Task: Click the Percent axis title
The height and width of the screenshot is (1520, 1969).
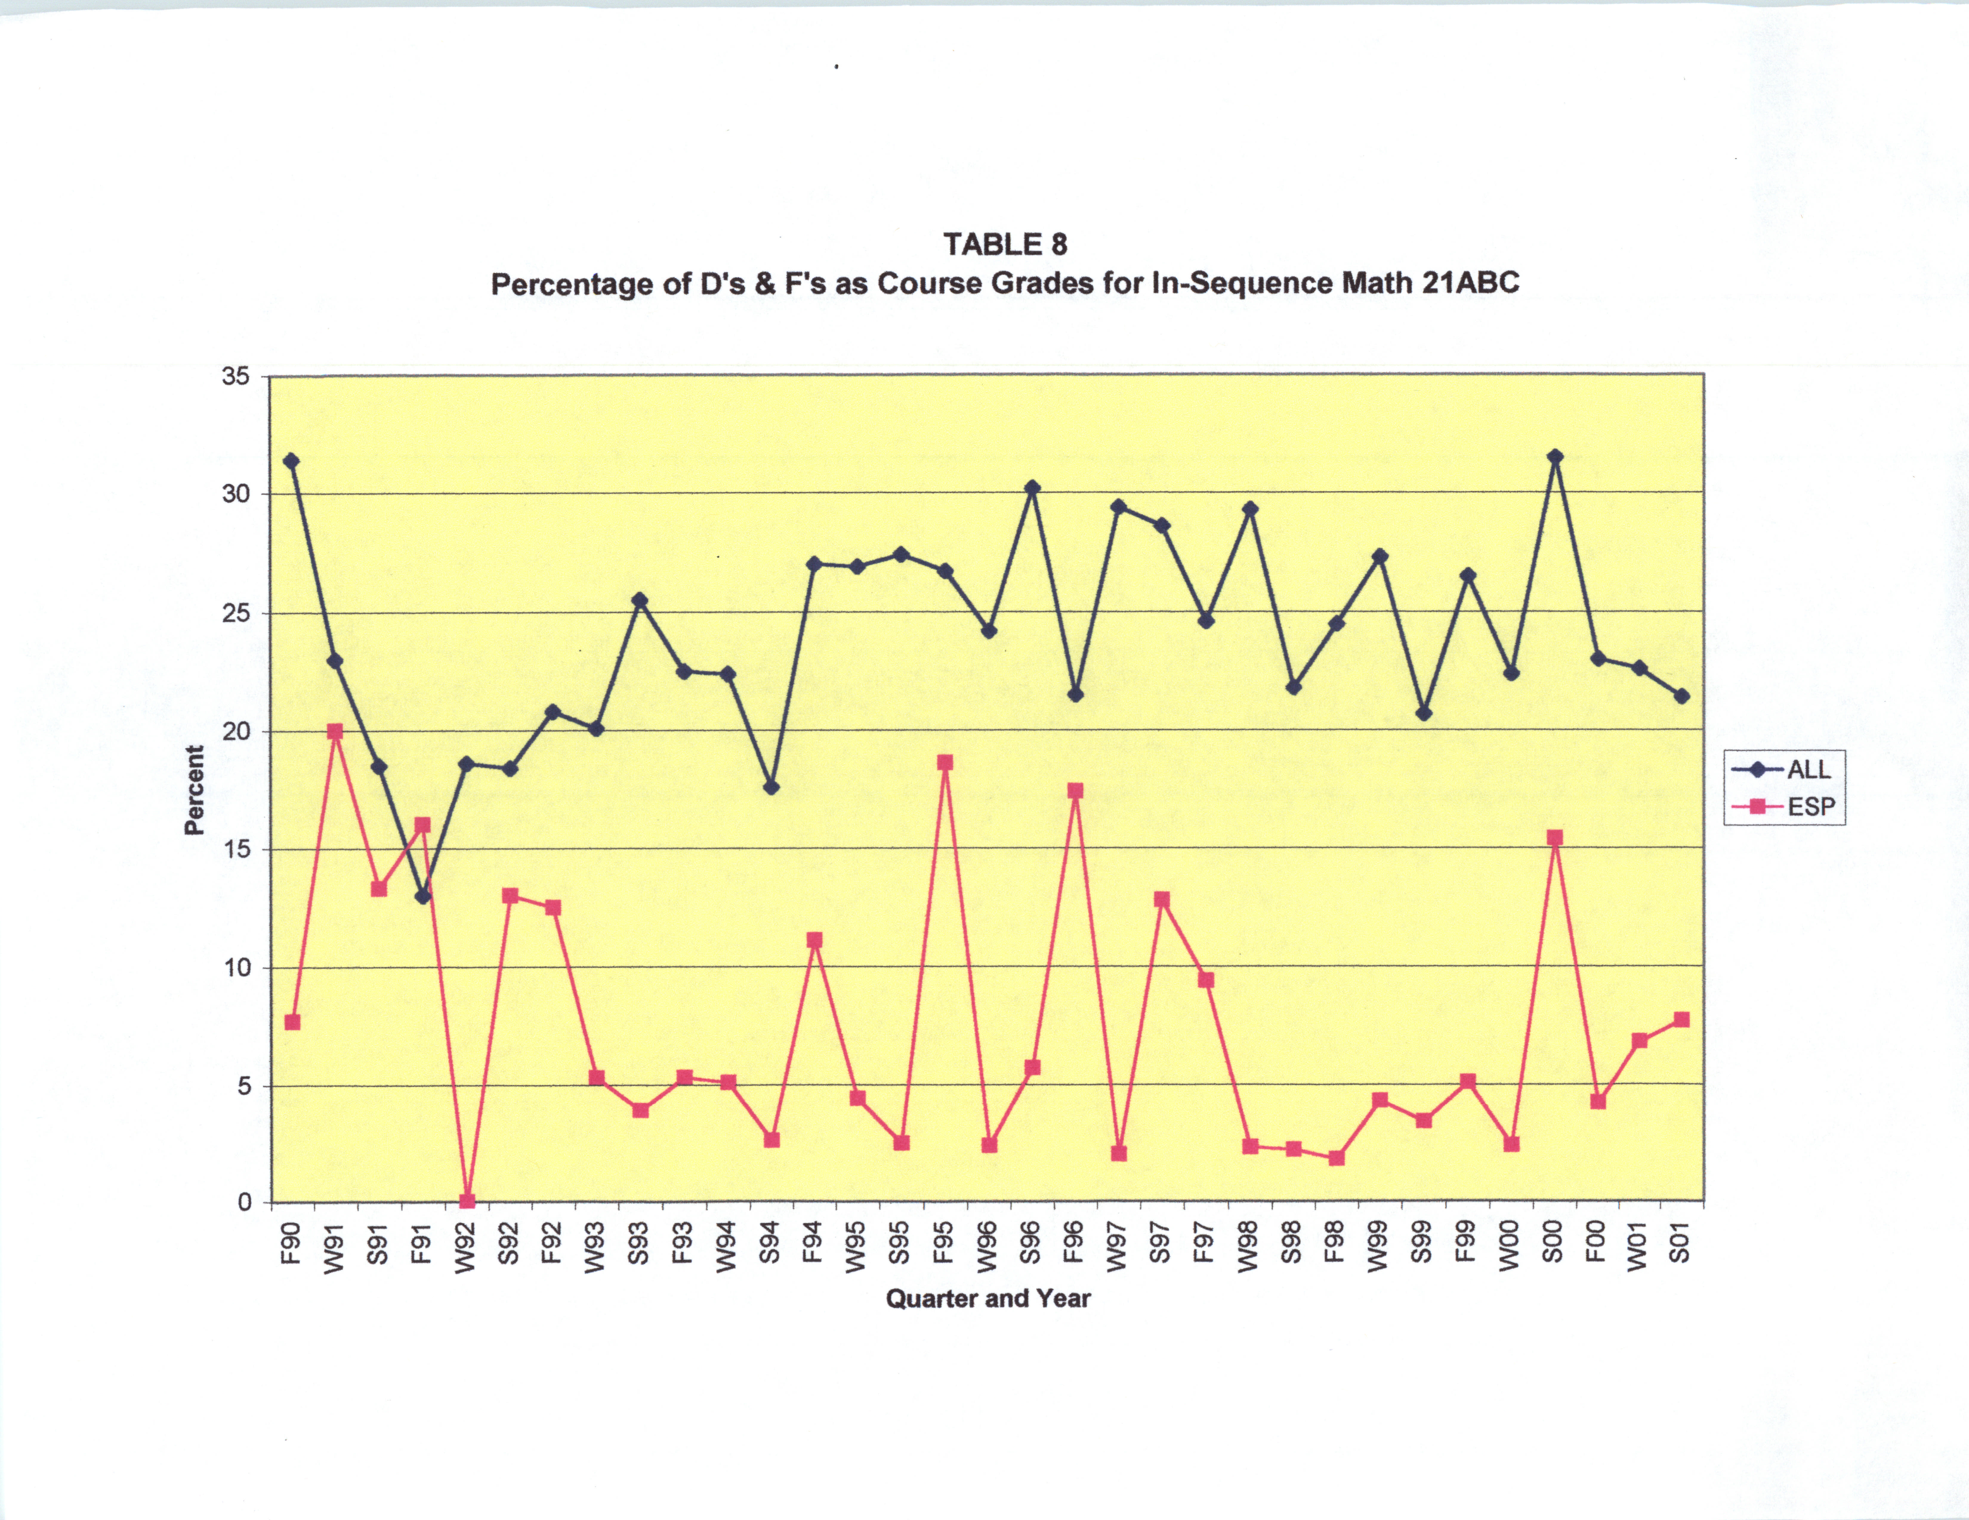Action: pyautogui.click(x=194, y=790)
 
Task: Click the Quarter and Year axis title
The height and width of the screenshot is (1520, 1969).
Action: pyautogui.click(x=988, y=1298)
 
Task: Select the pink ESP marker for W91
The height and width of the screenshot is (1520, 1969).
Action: pyautogui.click(x=334, y=731)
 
